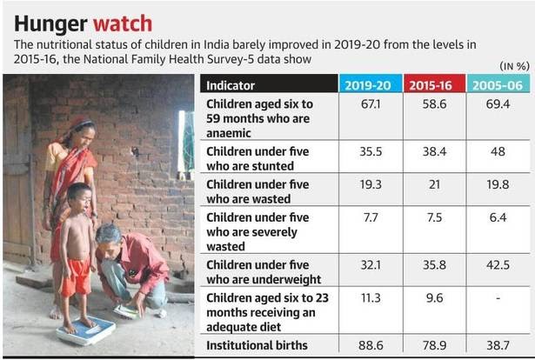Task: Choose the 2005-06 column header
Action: pos(498,84)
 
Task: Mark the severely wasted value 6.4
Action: pos(498,218)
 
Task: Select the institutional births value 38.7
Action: pos(498,345)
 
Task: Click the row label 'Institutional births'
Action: pos(257,345)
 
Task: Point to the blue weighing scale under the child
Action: pos(86,331)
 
